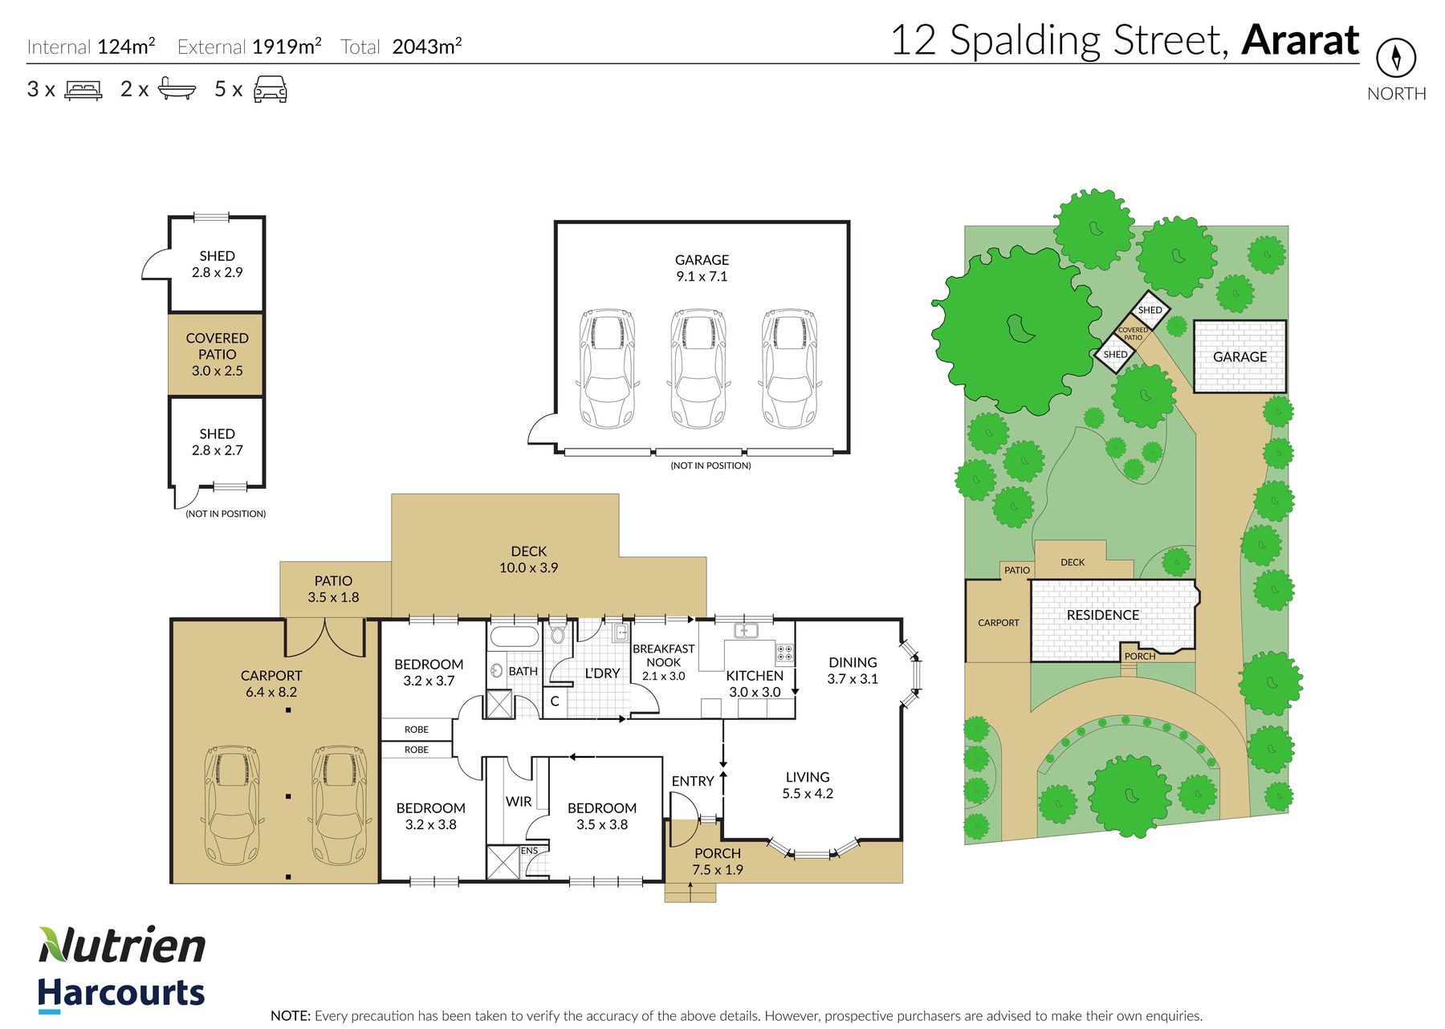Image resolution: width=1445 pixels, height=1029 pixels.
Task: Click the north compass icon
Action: (x=1396, y=58)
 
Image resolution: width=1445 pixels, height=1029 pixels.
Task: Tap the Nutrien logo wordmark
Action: (x=122, y=945)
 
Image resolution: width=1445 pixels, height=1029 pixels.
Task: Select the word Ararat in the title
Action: (x=1300, y=40)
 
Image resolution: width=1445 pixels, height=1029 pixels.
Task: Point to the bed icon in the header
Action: (x=83, y=89)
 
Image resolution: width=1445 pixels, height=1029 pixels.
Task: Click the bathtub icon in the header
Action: (x=177, y=88)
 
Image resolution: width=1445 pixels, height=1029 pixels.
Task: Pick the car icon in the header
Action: (x=271, y=89)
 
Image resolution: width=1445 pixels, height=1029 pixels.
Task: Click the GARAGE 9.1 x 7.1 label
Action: (x=702, y=268)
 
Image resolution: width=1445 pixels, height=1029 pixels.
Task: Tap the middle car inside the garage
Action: (x=698, y=369)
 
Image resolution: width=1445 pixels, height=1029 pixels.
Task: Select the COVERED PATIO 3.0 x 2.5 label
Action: (x=217, y=354)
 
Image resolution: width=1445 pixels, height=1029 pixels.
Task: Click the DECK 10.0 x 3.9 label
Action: (x=528, y=559)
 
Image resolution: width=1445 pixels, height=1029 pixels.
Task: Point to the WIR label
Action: (x=519, y=801)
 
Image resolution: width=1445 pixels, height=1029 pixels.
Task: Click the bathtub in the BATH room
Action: (x=514, y=637)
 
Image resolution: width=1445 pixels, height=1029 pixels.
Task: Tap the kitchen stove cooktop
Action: (x=785, y=653)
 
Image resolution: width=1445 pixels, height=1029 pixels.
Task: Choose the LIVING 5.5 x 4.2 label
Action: (x=808, y=785)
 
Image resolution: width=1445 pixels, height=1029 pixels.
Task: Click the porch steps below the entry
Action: (x=690, y=892)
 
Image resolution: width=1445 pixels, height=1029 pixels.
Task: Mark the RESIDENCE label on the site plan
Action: (x=1103, y=615)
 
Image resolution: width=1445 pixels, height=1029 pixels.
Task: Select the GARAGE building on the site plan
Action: (x=1239, y=356)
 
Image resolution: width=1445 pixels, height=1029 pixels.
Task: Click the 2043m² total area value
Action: (x=427, y=47)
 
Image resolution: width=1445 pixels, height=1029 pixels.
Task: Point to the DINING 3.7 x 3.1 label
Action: (x=853, y=670)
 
